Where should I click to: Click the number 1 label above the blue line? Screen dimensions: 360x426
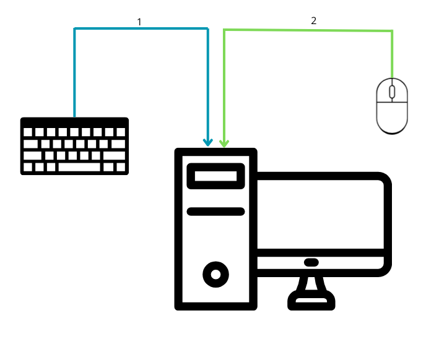[139, 22]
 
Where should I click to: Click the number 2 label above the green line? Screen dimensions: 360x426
[313, 21]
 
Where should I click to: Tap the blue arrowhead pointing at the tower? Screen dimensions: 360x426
[207, 142]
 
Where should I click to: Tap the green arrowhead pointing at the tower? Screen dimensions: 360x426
[224, 142]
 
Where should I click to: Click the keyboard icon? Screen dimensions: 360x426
[74, 146]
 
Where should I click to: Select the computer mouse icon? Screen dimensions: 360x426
[392, 106]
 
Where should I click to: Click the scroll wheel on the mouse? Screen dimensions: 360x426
[392, 92]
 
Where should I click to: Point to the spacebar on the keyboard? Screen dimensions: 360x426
[79, 167]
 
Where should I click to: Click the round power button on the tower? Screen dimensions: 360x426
[215, 272]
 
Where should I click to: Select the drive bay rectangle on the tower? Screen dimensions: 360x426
[215, 176]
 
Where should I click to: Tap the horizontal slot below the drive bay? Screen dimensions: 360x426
[215, 212]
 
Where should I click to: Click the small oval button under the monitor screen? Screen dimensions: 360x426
[311, 262]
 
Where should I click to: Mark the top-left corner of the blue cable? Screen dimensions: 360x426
[75, 28]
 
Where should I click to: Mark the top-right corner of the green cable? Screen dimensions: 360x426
[392, 31]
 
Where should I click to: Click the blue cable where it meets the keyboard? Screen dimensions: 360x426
[74, 116]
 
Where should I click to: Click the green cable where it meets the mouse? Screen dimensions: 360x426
[392, 76]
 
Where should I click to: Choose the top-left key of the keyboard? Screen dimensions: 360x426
[27, 132]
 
